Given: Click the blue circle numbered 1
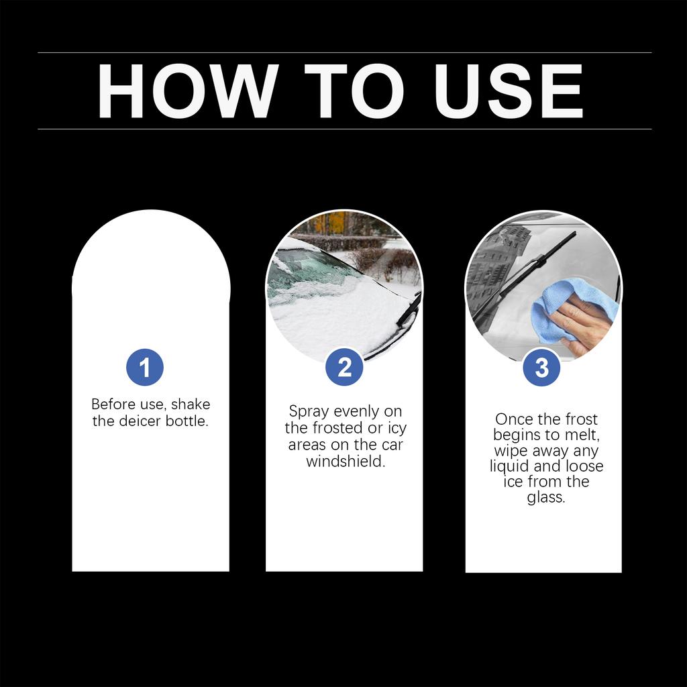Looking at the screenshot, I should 144,368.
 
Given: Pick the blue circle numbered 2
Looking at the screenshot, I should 344,368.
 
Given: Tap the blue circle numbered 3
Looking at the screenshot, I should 541,368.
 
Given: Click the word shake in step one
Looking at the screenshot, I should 191,405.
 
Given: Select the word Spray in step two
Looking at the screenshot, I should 309,412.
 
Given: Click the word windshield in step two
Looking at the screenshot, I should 346,462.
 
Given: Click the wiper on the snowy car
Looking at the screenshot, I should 408,314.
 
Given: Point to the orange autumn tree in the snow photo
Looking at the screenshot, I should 335,222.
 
